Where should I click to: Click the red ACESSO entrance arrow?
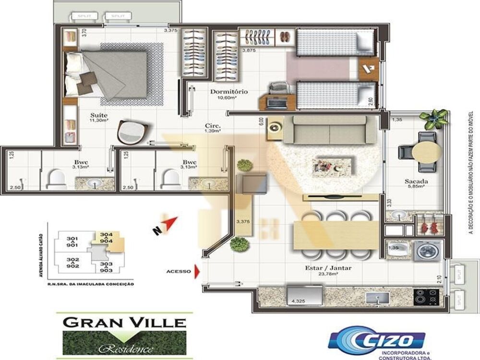pos(196,271)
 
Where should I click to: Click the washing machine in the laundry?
pos(427,251)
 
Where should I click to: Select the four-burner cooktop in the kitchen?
pos(426,297)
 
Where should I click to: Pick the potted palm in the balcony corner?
pos(434,118)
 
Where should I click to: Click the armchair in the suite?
pos(132,131)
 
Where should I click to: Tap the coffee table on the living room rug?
pos(333,166)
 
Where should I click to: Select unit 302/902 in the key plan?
pos(73,263)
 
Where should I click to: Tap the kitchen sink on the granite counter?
pos(377,298)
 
